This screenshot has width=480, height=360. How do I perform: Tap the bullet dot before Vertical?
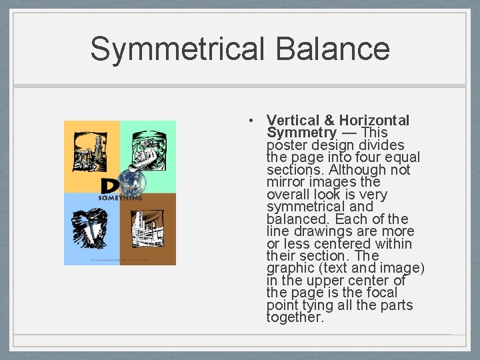click(x=249, y=121)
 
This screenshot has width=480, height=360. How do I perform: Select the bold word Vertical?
click(x=293, y=121)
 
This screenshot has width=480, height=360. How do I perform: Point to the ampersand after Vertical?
click(x=329, y=121)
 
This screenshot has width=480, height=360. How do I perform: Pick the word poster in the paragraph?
click(x=285, y=145)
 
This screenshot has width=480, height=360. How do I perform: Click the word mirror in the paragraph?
click(x=285, y=182)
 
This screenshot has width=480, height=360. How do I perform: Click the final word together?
click(x=295, y=318)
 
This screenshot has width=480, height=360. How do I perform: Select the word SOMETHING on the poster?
click(x=121, y=198)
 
